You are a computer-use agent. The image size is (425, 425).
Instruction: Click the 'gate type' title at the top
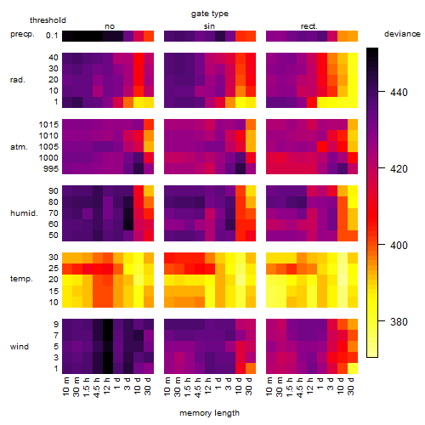pos(210,14)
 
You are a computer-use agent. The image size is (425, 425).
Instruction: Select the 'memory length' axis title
pos(209,413)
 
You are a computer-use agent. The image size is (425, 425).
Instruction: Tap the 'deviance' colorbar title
pos(402,34)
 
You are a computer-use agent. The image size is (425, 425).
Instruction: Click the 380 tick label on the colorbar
pos(399,321)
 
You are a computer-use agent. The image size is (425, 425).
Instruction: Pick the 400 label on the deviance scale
pos(399,245)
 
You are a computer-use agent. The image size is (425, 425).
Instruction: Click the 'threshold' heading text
pos(48,20)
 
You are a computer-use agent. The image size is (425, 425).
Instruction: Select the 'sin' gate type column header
pos(209,26)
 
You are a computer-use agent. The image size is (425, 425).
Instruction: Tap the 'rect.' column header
pos(309,26)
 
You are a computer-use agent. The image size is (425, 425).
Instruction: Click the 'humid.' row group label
pos(24,213)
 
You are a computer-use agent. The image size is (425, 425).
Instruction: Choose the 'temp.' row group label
pos(21,279)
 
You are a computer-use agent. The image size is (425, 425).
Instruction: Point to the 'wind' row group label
pos(20,347)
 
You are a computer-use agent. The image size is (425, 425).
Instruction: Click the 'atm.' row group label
pos(19,147)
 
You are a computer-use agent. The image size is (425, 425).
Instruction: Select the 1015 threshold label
pos(48,125)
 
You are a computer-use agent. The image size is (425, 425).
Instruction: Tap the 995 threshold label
pos(51,169)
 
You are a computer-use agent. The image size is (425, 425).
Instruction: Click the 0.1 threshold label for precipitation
pos(52,36)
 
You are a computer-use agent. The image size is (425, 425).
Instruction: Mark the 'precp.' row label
pos(22,34)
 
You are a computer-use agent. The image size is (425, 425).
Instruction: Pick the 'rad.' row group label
pos(18,80)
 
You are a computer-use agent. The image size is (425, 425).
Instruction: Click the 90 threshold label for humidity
pos(54,191)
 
